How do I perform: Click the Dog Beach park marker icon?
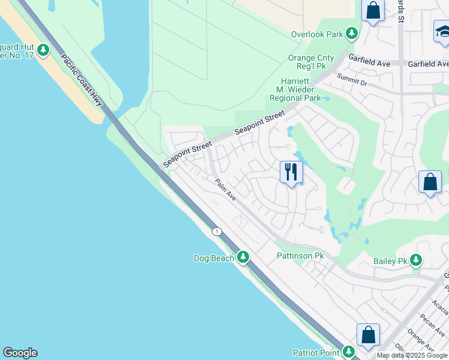pos(243,257)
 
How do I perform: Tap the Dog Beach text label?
pos(213,258)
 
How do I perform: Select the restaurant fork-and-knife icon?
pos(291,172)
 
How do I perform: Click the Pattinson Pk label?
pos(300,256)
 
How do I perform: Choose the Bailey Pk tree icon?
pos(416,261)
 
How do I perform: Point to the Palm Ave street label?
pos(226,191)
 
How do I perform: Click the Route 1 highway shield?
pos(217,231)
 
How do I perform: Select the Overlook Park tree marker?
pos(352,34)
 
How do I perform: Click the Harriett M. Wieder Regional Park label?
pos(295,89)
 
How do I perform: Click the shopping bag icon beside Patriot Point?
pos(368,335)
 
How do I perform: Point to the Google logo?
pos(20,353)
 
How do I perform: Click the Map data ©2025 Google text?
pos(412,355)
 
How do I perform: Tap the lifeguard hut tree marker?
pos(43,50)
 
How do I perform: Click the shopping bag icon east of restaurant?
pos(430,182)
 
